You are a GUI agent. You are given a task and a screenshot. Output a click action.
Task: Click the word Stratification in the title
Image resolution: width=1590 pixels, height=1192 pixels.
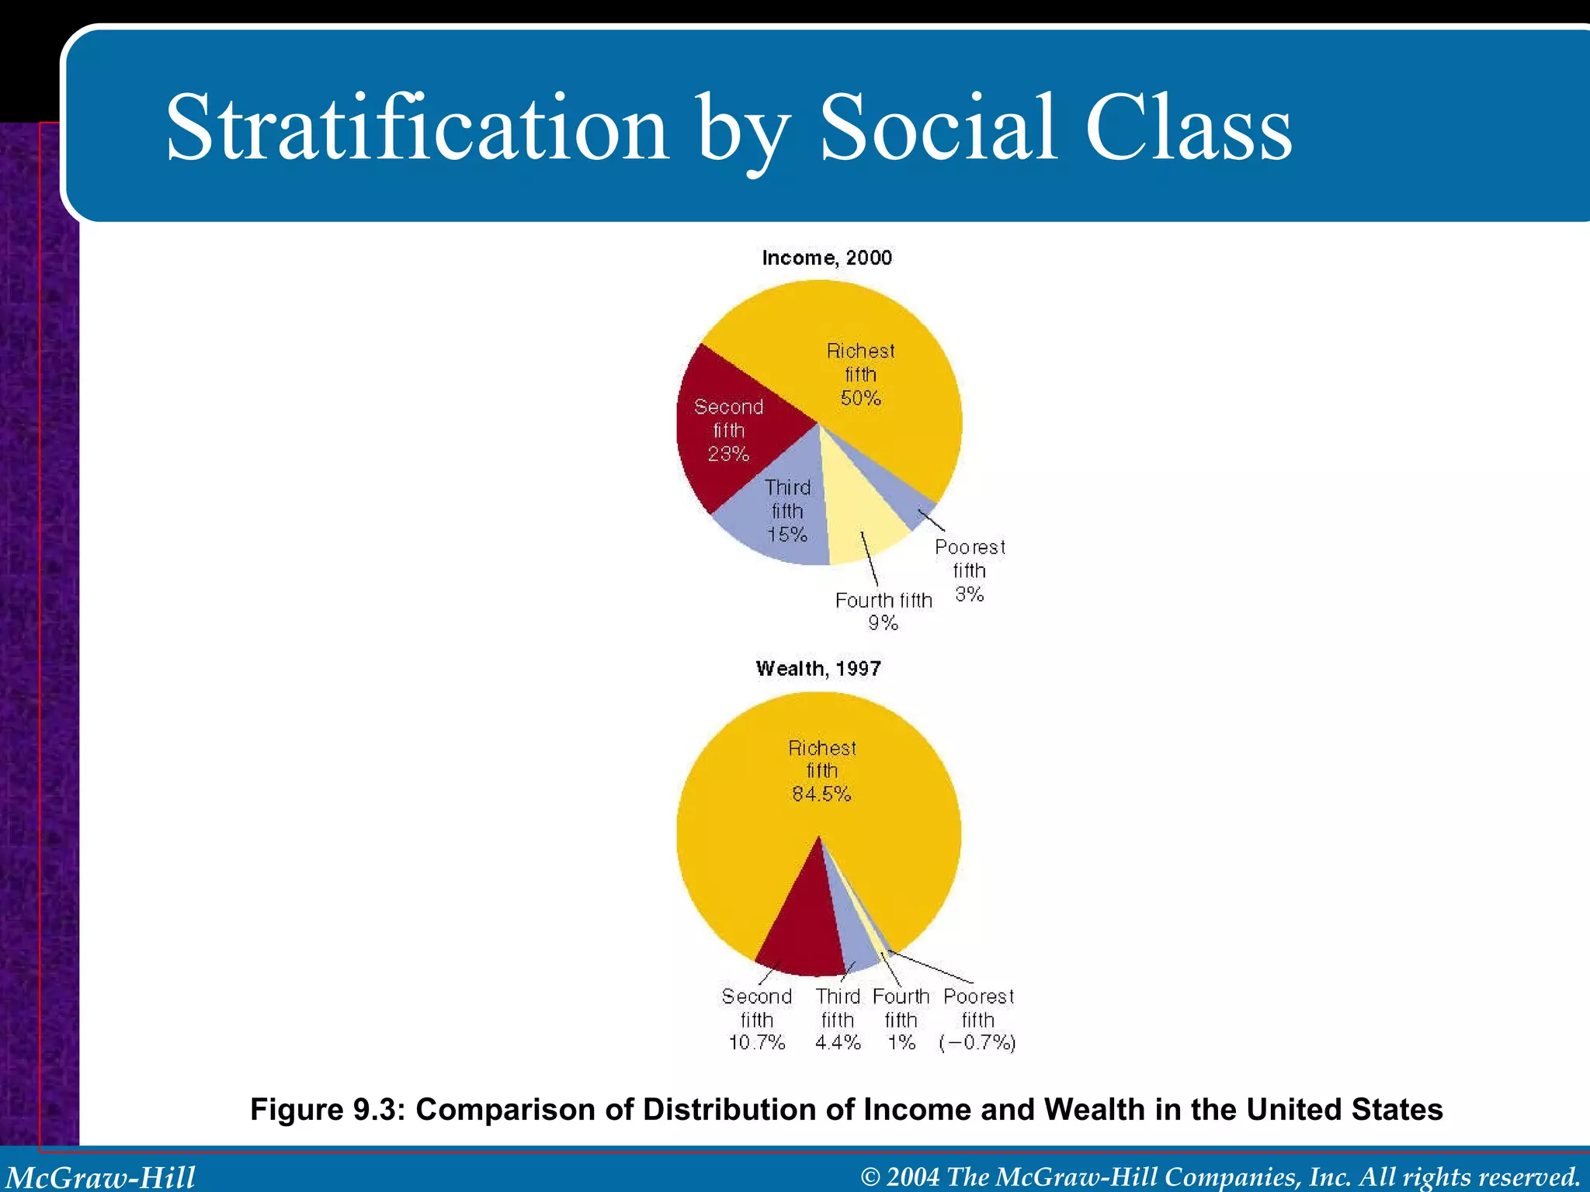[417, 128]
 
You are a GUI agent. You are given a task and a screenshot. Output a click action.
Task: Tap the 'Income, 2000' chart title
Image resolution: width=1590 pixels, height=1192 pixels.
[827, 258]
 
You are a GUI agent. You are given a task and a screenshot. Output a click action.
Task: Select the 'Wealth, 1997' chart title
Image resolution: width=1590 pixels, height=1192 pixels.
[818, 669]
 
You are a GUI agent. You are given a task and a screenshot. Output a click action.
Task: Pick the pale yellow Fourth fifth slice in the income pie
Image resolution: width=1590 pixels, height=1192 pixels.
[862, 504]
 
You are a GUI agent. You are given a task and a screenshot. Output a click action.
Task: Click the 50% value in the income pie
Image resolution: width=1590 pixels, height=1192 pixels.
[860, 398]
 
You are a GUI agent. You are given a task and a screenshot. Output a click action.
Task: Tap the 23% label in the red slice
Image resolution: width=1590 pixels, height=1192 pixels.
[728, 454]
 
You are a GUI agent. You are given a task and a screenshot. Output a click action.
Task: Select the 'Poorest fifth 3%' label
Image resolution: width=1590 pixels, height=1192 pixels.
[970, 570]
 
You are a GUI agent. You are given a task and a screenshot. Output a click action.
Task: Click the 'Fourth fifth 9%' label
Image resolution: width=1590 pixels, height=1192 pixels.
[884, 611]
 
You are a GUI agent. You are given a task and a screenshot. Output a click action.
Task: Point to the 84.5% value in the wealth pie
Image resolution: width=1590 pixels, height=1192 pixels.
[821, 794]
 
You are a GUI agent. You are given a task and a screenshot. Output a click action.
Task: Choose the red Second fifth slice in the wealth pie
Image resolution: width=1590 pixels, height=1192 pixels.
[804, 931]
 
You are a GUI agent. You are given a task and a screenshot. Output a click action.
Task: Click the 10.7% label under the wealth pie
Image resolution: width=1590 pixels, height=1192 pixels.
[757, 1042]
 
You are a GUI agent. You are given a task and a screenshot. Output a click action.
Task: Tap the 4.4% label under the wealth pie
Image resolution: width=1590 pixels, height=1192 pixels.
[838, 1042]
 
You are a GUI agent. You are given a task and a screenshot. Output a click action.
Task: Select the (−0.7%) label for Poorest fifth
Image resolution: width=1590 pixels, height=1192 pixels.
[977, 1042]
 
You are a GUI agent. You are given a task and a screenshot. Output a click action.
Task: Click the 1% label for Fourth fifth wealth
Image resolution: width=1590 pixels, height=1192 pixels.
[901, 1042]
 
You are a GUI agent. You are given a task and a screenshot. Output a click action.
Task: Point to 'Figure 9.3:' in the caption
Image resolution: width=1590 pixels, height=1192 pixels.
[327, 1110]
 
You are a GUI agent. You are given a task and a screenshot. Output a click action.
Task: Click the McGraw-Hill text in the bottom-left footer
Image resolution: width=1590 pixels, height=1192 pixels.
[101, 1176]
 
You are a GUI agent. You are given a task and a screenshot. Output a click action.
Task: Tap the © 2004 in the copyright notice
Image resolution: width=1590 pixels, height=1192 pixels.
[901, 1176]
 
